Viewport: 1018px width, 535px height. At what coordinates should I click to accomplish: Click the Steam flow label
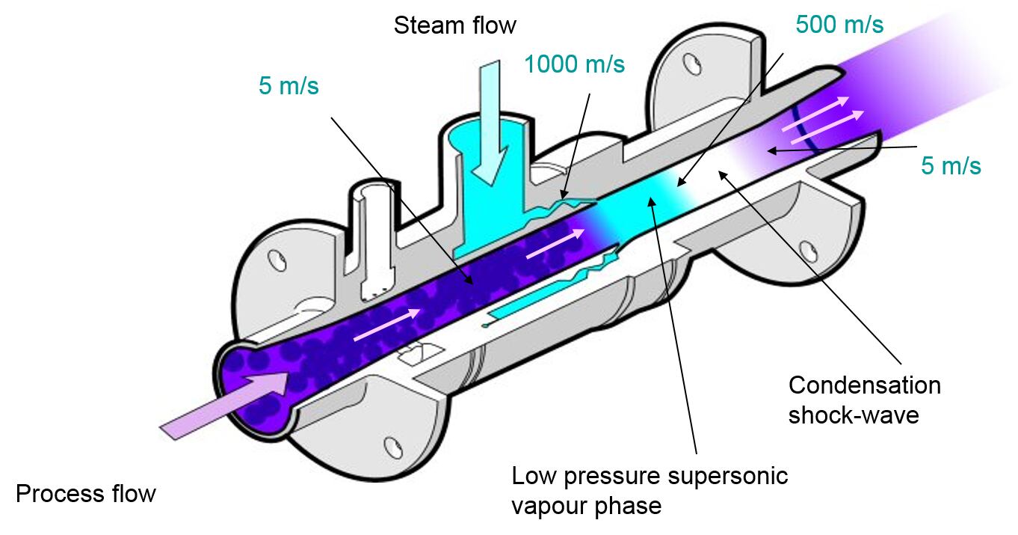[x=454, y=25]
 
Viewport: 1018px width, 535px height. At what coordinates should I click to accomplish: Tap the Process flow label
[x=86, y=494]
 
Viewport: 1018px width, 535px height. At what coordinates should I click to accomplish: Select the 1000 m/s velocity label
[x=574, y=64]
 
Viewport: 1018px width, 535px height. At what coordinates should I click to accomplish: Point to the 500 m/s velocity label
[x=839, y=24]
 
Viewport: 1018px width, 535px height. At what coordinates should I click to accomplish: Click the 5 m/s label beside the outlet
[x=950, y=166]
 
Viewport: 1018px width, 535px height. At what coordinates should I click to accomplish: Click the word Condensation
[x=864, y=385]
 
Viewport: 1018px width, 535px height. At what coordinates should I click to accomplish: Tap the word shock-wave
[x=853, y=414]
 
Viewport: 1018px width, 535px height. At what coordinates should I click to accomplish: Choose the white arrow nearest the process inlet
[x=386, y=325]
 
